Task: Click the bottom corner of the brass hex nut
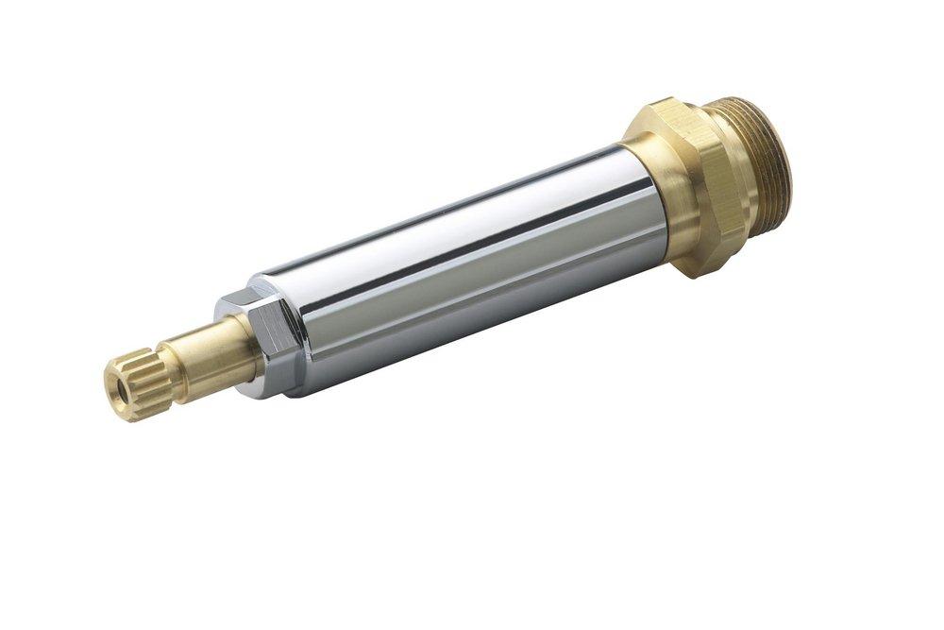tap(695, 268)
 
